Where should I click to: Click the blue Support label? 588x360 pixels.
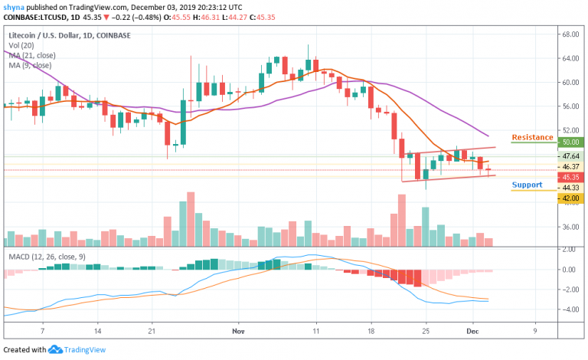(x=527, y=185)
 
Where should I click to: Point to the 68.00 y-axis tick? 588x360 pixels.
(x=569, y=34)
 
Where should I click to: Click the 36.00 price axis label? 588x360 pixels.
(x=569, y=227)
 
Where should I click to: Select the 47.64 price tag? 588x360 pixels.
(x=568, y=156)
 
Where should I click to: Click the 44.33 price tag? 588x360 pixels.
(x=568, y=188)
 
